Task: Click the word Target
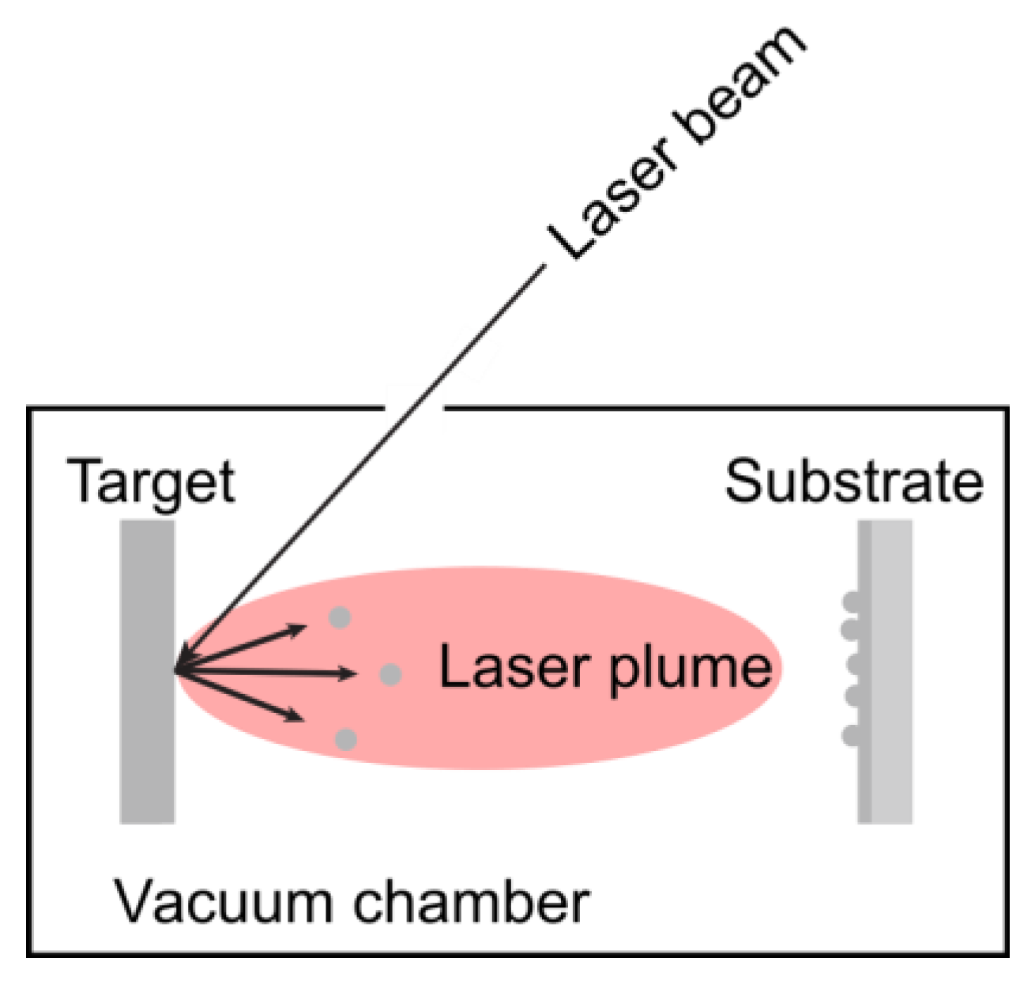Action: click(x=152, y=482)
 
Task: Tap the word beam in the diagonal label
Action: click(x=742, y=86)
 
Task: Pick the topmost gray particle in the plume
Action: click(x=340, y=617)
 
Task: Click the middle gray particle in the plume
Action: click(x=390, y=674)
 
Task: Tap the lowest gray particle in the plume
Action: click(x=345, y=740)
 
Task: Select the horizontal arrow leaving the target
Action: click(x=269, y=673)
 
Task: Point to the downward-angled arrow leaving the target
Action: click(x=245, y=696)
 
